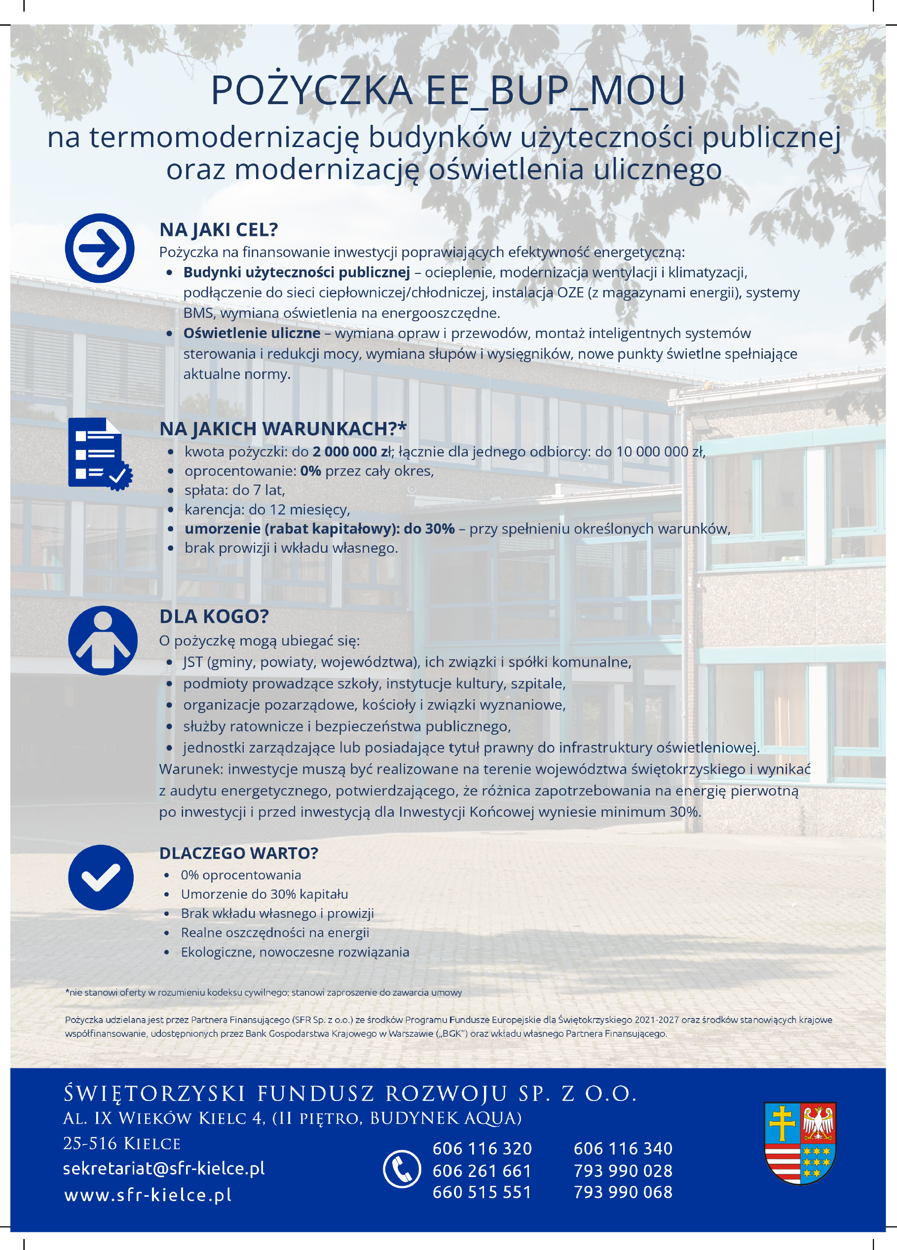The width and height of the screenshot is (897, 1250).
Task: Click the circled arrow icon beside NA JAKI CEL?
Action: (100, 248)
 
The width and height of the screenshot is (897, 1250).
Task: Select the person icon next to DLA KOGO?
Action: (103, 641)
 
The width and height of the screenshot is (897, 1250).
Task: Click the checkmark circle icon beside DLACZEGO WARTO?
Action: (101, 877)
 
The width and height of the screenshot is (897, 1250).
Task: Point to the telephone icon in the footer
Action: (402, 1169)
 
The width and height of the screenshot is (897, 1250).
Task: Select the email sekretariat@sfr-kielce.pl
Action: (164, 1168)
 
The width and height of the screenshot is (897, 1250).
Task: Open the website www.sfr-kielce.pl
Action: (148, 1194)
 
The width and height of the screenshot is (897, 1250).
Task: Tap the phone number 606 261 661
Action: (482, 1170)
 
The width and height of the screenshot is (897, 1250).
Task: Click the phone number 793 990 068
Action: (623, 1192)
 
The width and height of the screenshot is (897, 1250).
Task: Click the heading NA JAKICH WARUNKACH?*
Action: (283, 429)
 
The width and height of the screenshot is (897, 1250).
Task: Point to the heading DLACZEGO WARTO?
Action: (239, 853)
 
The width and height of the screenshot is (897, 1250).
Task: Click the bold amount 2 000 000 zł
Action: (352, 452)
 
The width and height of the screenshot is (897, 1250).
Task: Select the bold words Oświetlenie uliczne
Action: (252, 334)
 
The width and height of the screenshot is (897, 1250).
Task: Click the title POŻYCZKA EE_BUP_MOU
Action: (448, 90)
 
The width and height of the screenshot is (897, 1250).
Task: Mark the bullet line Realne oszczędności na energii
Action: (275, 933)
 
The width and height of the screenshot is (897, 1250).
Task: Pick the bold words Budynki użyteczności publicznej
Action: (297, 272)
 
